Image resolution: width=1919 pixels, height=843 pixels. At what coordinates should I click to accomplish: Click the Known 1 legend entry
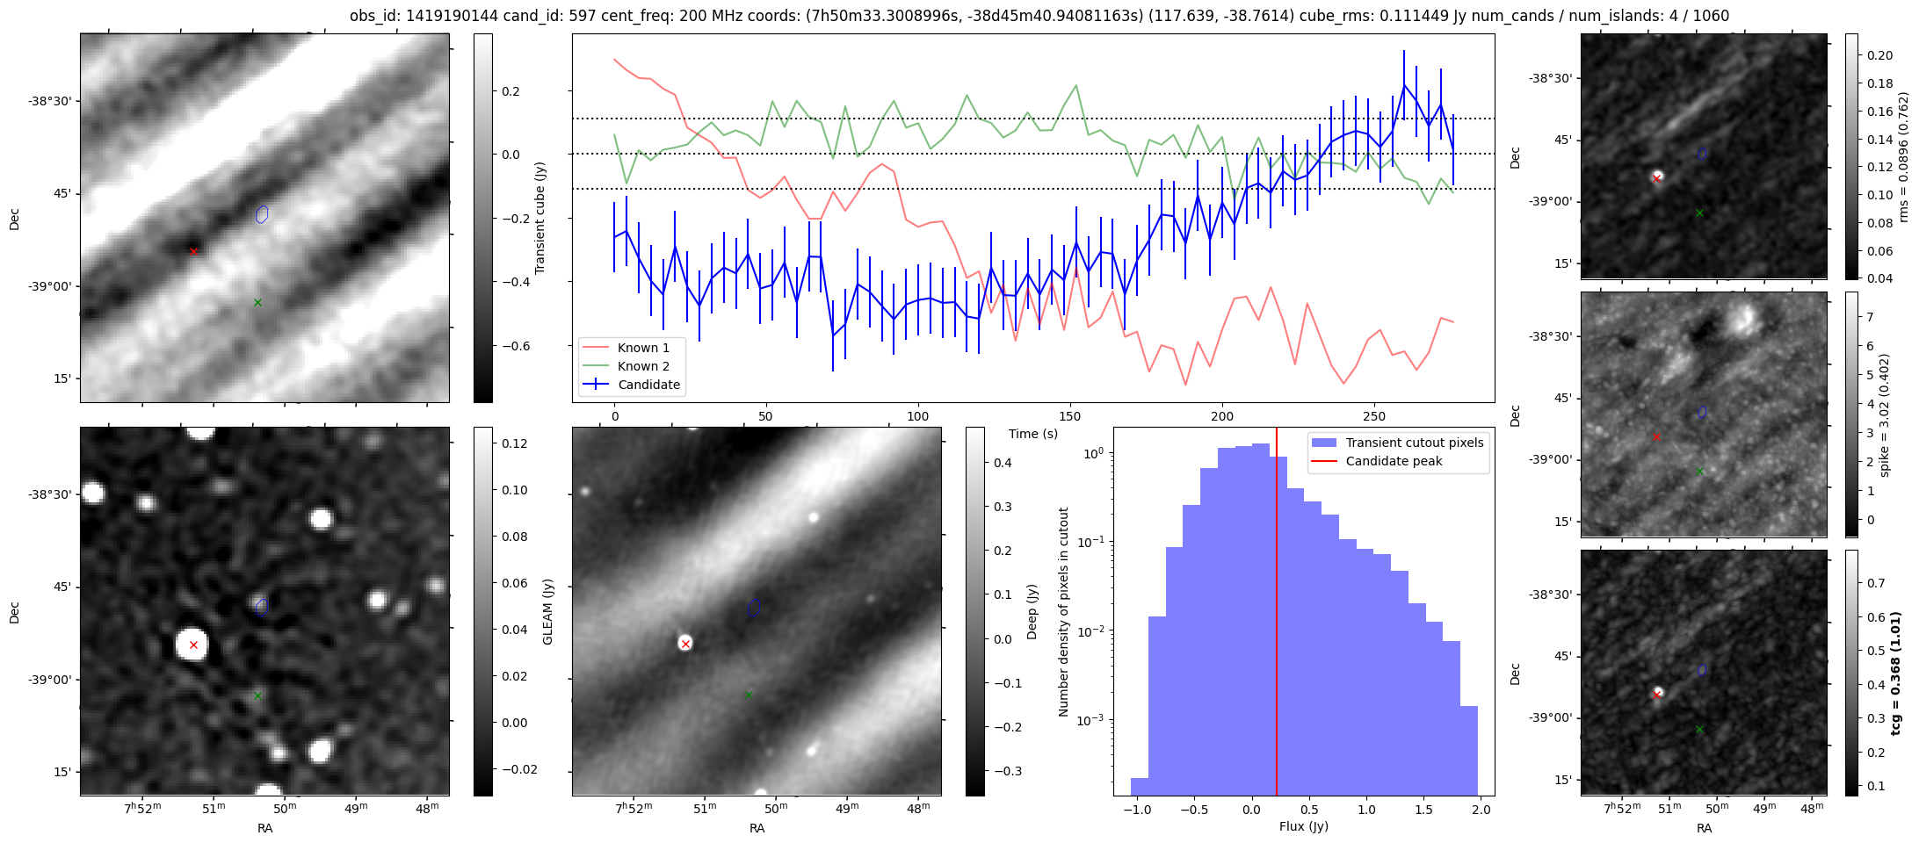pos(643,348)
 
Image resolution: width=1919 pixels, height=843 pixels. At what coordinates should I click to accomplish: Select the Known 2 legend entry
pos(643,366)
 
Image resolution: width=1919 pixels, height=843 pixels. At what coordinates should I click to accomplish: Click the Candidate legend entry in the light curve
pos(648,385)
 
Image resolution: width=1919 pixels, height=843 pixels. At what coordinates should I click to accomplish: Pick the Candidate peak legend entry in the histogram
pos(1394,461)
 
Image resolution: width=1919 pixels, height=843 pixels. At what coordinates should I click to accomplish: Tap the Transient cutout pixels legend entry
pos(1414,443)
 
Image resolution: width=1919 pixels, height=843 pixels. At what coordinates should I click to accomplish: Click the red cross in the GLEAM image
pos(193,645)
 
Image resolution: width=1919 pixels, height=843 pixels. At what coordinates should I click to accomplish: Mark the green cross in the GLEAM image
pos(257,695)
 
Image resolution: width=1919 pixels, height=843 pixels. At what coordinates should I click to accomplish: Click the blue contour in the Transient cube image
pos(262,214)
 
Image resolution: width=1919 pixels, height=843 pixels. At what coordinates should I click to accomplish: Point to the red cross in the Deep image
pos(685,644)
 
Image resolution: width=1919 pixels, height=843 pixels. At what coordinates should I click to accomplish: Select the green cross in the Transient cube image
pos(257,303)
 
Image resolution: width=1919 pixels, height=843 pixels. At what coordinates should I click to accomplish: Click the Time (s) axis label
pos(1033,434)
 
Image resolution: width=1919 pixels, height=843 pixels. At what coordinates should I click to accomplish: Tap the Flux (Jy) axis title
pos(1304,826)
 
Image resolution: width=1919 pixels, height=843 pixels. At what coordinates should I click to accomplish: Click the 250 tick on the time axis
pos(1373,416)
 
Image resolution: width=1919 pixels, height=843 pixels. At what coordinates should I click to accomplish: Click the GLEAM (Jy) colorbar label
pos(548,612)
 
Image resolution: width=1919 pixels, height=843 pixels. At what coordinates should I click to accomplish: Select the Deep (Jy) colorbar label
pos(1032,612)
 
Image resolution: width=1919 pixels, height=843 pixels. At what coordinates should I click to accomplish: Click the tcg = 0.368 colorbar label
pos(1897,673)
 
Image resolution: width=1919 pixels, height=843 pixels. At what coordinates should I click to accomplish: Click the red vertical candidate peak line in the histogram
pos(1277,615)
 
